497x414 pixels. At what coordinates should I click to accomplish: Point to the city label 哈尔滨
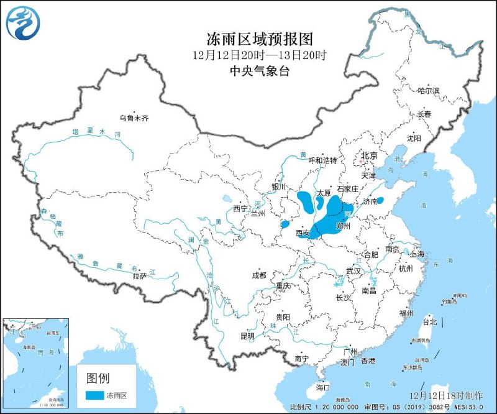[428, 91]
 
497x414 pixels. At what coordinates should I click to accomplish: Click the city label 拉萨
[139, 275]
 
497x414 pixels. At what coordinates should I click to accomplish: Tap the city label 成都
[258, 275]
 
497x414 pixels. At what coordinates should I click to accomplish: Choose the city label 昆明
[247, 336]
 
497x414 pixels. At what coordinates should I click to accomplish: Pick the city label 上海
[417, 254]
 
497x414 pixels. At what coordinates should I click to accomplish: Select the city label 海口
[322, 387]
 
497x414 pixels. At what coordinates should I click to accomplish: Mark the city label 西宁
[240, 208]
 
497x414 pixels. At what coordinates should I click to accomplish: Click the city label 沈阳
[414, 138]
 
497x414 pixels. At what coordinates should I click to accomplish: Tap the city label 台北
[430, 322]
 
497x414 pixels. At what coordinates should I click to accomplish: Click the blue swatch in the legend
[94, 395]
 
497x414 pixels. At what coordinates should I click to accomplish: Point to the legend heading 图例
[98, 377]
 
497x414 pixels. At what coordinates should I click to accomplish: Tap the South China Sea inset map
[35, 361]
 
